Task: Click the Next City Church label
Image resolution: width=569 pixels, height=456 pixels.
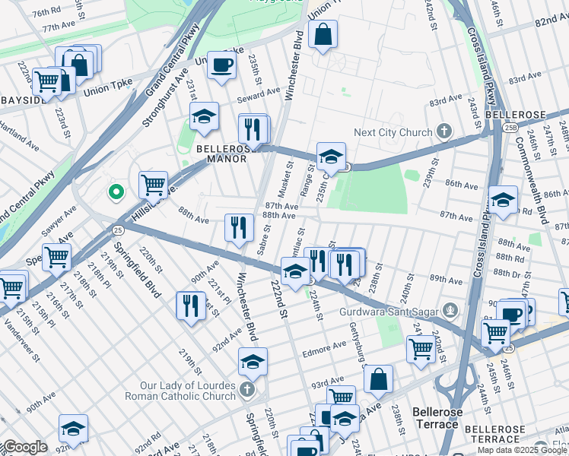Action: [x=393, y=132]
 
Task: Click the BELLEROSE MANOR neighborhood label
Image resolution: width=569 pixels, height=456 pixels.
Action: [x=221, y=154]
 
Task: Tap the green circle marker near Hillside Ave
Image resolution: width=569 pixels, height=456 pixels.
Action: [x=116, y=192]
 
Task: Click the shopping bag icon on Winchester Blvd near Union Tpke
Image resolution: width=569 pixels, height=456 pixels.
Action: [x=323, y=35]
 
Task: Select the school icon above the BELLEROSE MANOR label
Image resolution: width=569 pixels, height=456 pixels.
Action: [x=204, y=117]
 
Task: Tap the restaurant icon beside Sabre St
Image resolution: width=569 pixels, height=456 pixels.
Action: [x=239, y=227]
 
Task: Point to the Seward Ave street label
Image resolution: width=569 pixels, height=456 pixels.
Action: [x=259, y=94]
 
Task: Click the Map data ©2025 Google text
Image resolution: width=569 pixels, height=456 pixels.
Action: [x=517, y=450]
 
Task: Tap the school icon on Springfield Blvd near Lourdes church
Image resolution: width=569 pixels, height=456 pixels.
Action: [x=253, y=362]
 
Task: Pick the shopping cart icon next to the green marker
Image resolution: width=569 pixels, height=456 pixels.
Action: [x=153, y=184]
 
